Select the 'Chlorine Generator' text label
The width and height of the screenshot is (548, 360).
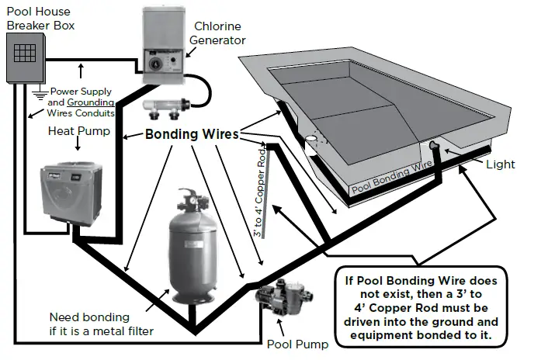[x=220, y=33]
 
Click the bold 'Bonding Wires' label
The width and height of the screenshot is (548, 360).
[x=191, y=134]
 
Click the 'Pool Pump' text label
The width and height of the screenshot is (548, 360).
[x=298, y=344]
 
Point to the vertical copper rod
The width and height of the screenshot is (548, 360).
[x=267, y=194]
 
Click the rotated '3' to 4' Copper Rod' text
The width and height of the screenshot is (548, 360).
[x=259, y=193]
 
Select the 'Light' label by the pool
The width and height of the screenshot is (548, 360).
[x=500, y=164]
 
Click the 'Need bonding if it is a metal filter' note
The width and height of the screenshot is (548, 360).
[x=100, y=324]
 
